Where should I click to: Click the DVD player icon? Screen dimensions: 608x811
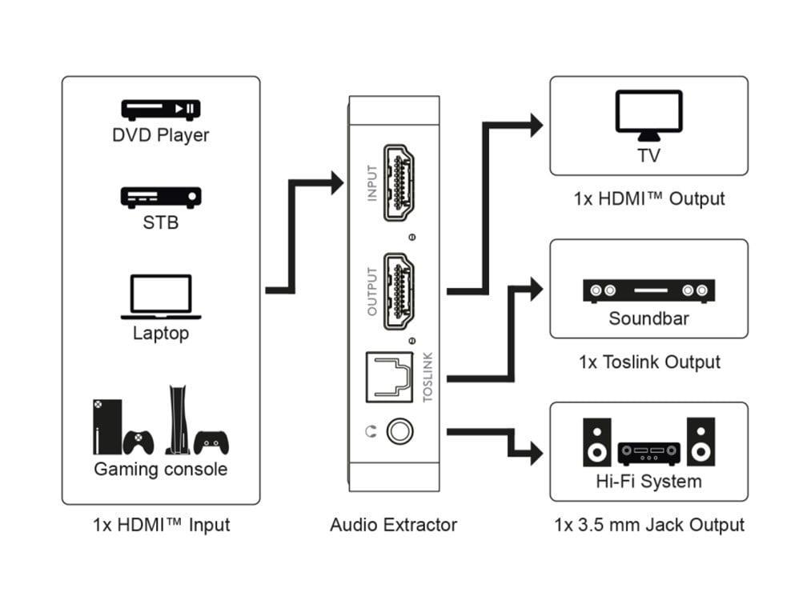tap(160, 110)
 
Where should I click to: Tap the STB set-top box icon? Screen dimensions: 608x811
tap(160, 197)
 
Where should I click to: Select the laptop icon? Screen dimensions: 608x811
tap(160, 297)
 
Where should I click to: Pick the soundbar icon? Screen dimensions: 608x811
tap(648, 290)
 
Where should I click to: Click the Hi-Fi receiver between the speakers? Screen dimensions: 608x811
tap(648, 454)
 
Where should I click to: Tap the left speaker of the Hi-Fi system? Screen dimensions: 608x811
tap(596, 442)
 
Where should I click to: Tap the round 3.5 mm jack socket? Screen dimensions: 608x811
tap(399, 432)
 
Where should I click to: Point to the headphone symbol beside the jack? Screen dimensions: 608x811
tap(369, 432)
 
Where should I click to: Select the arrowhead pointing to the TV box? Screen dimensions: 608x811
tap(535, 125)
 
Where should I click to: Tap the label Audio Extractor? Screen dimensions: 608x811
tap(393, 525)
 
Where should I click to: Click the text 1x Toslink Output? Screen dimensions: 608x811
tap(649, 362)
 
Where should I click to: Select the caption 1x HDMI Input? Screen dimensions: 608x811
tap(161, 525)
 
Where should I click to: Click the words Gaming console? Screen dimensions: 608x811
tap(160, 469)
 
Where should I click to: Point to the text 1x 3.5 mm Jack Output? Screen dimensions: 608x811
tap(648, 525)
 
